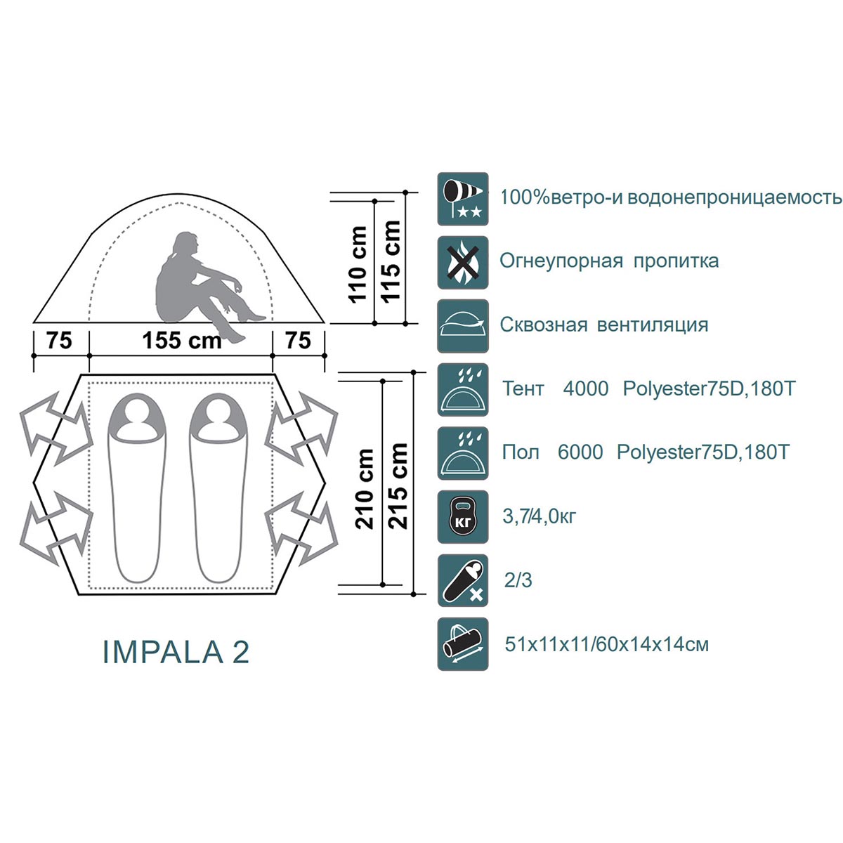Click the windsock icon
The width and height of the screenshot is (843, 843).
(463, 199)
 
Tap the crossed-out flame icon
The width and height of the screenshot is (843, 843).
(463, 263)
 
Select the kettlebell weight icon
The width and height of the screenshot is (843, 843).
(463, 516)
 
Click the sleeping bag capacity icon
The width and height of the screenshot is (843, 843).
(463, 580)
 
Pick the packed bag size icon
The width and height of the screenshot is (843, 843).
(463, 643)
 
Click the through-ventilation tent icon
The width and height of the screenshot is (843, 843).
(463, 326)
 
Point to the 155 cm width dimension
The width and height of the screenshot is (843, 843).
(181, 341)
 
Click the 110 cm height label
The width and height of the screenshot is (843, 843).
(358, 264)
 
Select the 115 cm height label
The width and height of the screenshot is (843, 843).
(391, 261)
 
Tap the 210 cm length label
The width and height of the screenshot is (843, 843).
(365, 489)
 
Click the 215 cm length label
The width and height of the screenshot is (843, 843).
(398, 485)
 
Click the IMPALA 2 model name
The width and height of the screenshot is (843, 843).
(176, 652)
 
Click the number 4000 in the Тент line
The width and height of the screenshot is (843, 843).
(585, 388)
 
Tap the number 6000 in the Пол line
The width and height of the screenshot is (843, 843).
(580, 452)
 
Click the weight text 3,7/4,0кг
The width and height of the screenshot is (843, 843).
(539, 516)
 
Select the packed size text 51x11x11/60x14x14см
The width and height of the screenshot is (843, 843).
(607, 644)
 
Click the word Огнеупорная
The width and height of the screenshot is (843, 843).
(561, 261)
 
